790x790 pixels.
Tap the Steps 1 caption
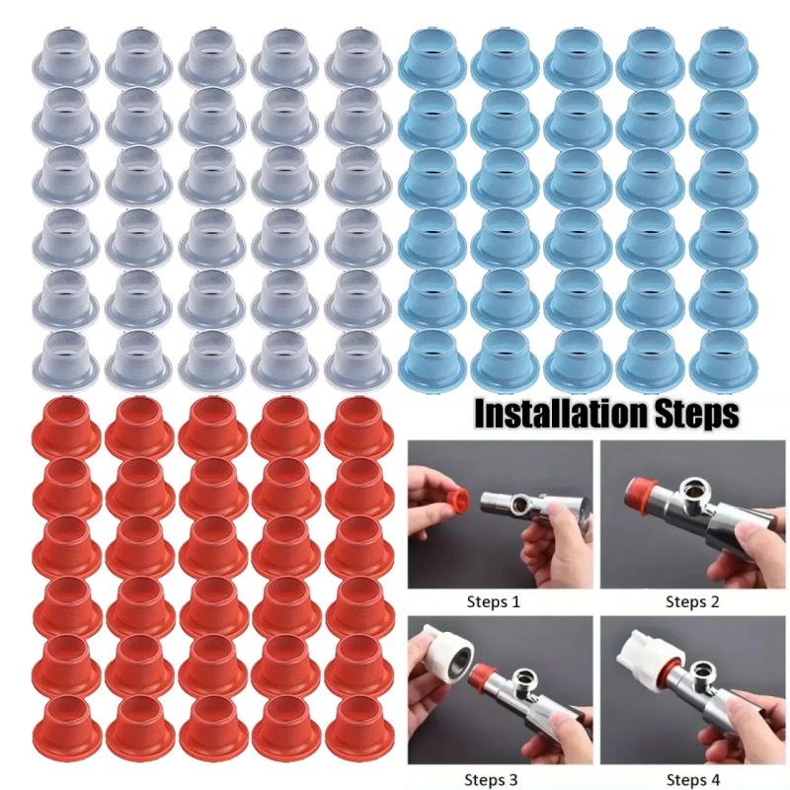tap(493, 601)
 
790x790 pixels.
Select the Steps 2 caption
tap(692, 601)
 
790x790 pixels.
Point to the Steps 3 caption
tap(491, 780)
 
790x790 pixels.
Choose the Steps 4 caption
tap(693, 780)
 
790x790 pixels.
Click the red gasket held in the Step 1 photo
tap(457, 500)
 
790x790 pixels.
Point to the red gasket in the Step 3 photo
tap(483, 673)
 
